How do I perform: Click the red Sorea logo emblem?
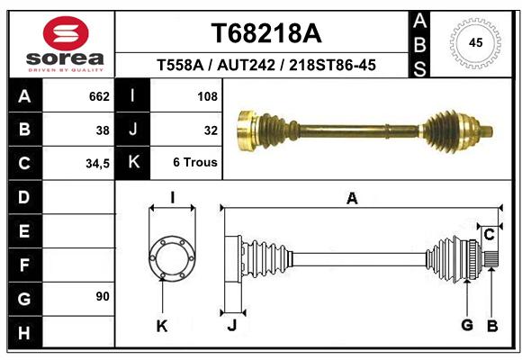point(66,33)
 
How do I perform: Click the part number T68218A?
point(266,33)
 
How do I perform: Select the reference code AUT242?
point(246,65)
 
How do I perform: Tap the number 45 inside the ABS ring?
point(475,42)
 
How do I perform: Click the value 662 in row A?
point(99,96)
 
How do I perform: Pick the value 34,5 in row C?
point(97,164)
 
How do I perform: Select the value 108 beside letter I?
point(207,96)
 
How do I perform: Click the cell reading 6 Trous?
point(195,162)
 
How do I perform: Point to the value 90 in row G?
point(103,296)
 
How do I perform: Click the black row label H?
point(25,332)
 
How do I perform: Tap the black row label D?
point(25,197)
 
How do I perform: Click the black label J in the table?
point(132,130)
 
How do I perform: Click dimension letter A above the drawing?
point(352,199)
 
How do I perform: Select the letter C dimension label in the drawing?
point(489,235)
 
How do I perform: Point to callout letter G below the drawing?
point(467,325)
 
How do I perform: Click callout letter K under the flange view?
point(162,326)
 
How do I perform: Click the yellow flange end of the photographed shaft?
point(246,130)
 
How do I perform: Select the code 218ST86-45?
point(332,65)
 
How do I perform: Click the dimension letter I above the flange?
point(172,198)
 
